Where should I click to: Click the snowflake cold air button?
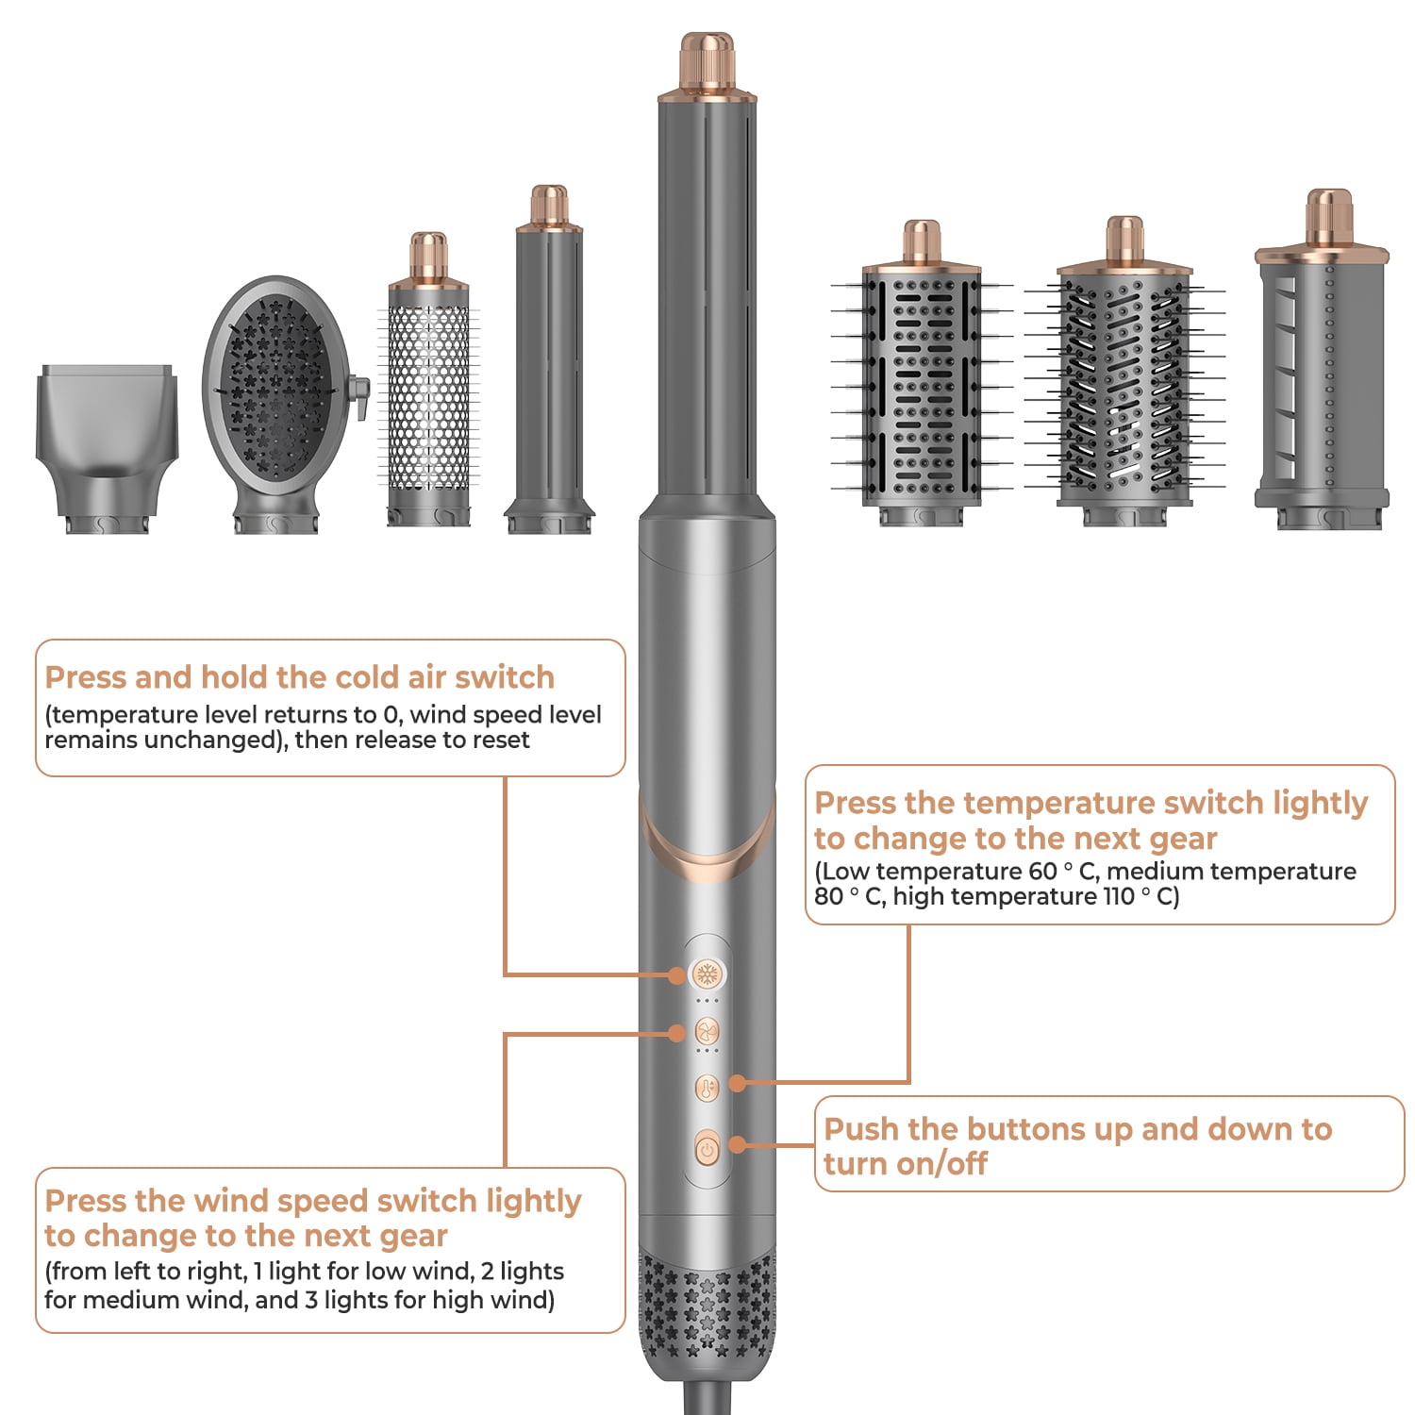[x=707, y=974]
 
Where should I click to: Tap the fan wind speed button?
[x=707, y=1031]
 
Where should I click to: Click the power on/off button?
[x=707, y=1149]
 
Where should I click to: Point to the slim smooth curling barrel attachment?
[x=549, y=368]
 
